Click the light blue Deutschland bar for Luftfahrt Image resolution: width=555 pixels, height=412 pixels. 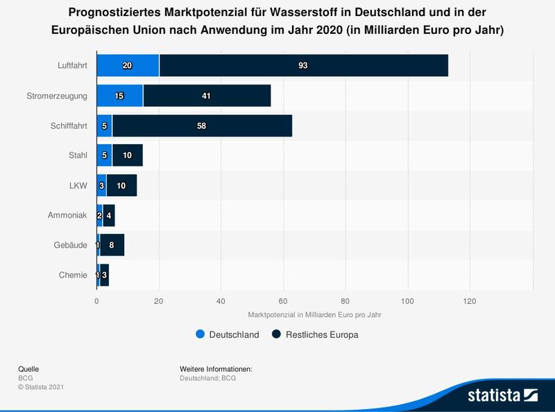pyautogui.click(x=128, y=65)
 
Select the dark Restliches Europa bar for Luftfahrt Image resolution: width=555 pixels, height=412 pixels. pyautogui.click(x=303, y=65)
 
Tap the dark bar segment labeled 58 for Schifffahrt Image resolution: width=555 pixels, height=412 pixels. pyautogui.click(x=202, y=126)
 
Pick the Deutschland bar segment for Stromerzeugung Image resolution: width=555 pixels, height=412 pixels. pyautogui.click(x=119, y=96)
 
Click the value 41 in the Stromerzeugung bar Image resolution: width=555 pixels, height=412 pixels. pyautogui.click(x=206, y=96)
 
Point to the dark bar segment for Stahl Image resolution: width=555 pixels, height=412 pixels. pyautogui.click(x=127, y=156)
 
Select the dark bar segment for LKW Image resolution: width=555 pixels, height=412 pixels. pyautogui.click(x=121, y=186)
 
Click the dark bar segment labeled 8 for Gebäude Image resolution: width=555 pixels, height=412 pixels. pyautogui.click(x=112, y=246)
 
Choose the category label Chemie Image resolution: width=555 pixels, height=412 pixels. pyautogui.click(x=74, y=275)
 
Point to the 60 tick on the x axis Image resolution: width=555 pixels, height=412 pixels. pyautogui.click(x=283, y=301)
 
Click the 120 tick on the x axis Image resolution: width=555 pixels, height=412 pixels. pyautogui.click(x=470, y=301)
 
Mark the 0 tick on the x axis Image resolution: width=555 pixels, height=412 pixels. pyautogui.click(x=96, y=301)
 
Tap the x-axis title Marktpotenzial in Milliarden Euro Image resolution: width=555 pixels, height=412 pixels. pyautogui.click(x=314, y=314)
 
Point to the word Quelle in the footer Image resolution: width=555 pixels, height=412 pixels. pyautogui.click(x=28, y=368)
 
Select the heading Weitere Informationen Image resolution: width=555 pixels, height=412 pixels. pyautogui.click(x=216, y=368)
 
